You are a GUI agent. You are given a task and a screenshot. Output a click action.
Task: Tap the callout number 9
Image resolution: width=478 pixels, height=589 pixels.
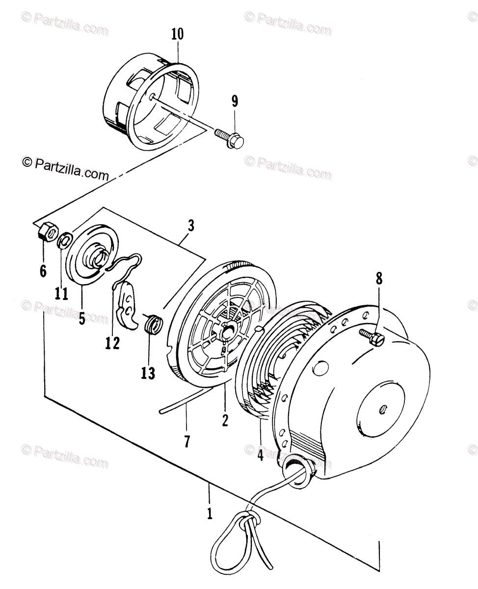coord(235,102)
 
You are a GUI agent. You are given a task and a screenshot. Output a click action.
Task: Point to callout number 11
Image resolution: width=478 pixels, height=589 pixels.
coord(61,294)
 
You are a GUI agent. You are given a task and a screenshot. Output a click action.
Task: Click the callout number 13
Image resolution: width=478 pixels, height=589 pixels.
coord(148,373)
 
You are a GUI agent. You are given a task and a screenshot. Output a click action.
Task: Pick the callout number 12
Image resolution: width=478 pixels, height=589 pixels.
coord(112,343)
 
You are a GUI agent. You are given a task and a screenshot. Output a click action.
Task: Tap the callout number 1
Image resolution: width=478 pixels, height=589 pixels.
coord(210,514)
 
